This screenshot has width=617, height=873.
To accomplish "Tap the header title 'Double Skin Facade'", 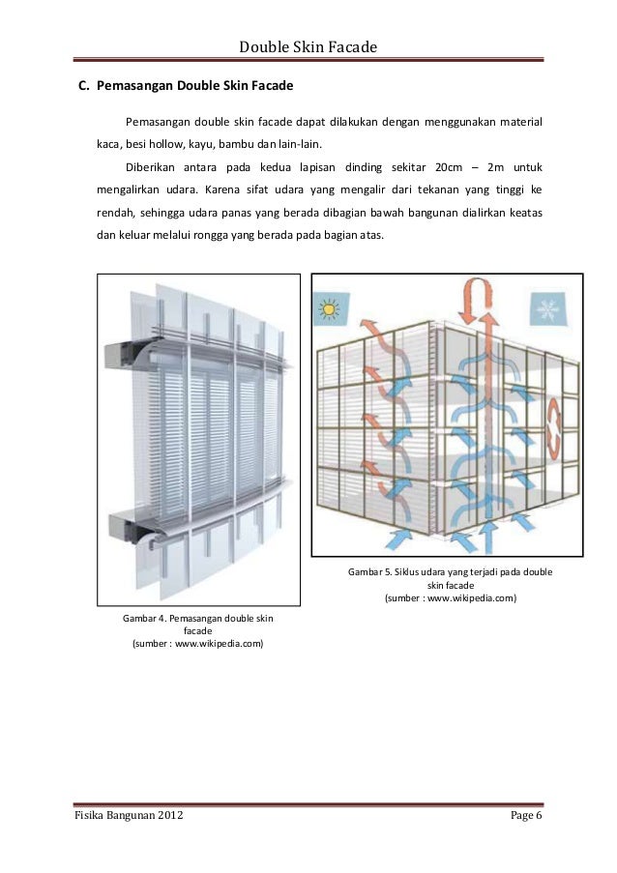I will pos(308,46).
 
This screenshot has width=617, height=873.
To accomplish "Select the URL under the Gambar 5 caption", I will pos(451,597).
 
